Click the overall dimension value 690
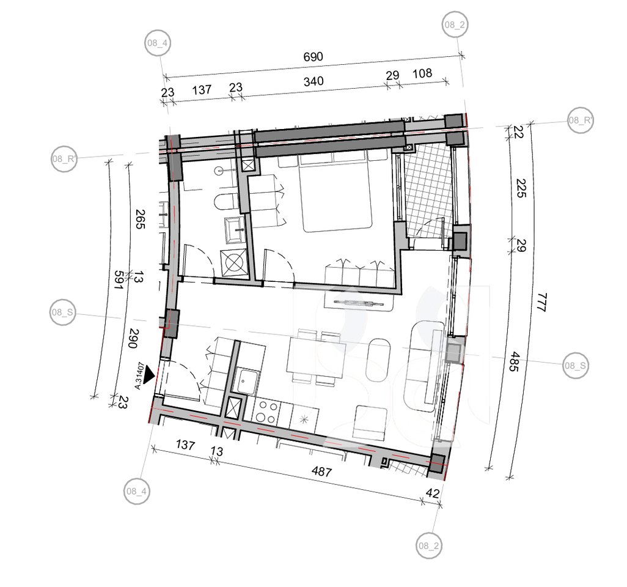[313, 57]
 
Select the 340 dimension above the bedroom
[313, 81]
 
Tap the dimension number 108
[422, 73]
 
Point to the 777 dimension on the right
[543, 303]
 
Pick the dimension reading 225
[521, 188]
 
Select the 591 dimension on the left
[119, 281]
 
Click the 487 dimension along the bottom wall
[322, 472]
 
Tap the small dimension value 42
[433, 493]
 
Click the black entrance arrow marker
[150, 374]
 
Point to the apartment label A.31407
[139, 375]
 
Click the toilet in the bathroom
[225, 201]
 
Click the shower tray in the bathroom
[233, 262]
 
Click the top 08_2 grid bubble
[455, 25]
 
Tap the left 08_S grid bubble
[63, 312]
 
